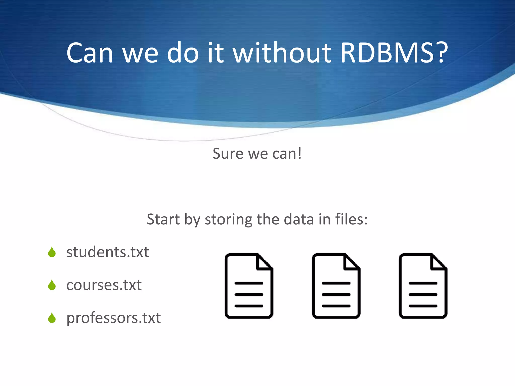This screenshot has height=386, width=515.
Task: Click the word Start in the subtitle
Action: pos(163,219)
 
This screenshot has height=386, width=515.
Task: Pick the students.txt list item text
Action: pos(108,252)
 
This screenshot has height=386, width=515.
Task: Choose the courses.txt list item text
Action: pos(104,285)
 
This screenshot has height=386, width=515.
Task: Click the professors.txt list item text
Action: pos(113,318)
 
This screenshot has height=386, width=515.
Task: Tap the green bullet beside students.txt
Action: pos(52,252)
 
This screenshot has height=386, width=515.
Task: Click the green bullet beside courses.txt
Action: pos(52,285)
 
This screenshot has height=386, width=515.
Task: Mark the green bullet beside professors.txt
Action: pos(52,318)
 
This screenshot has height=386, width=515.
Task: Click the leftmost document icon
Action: pos(249,286)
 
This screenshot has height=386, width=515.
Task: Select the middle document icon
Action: pos(336,286)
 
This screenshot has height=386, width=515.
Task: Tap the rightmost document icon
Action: pos(423,286)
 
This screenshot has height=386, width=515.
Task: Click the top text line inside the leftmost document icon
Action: pos(249,283)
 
